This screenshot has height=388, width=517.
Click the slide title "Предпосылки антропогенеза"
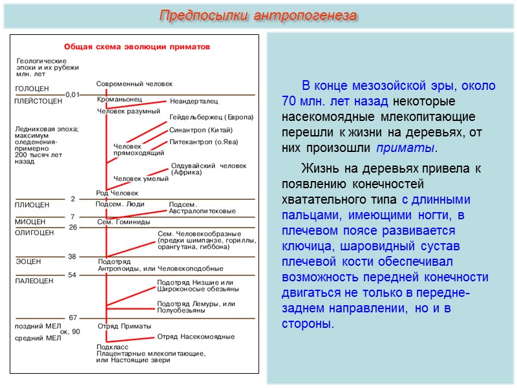pyautogui.click(x=258, y=16)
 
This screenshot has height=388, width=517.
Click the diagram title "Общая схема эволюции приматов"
pyautogui.click(x=140, y=47)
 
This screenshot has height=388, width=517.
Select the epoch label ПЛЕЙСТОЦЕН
pyautogui.click(x=38, y=101)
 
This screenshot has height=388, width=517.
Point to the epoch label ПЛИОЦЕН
pyautogui.click(x=32, y=205)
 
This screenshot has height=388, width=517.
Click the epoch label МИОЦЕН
pyautogui.click(x=30, y=221)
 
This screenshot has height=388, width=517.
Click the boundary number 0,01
pyautogui.click(x=72, y=94)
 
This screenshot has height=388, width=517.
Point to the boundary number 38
pyautogui.click(x=72, y=256)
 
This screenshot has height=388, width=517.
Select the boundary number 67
pyautogui.click(x=73, y=318)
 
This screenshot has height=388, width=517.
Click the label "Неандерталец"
pyautogui.click(x=194, y=101)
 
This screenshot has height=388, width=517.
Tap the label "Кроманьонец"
pyautogui.click(x=119, y=100)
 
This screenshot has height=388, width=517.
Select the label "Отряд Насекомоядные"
pyautogui.click(x=196, y=336)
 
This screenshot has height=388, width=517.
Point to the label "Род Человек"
pyautogui.click(x=117, y=193)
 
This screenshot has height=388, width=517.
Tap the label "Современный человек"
pyautogui.click(x=134, y=84)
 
